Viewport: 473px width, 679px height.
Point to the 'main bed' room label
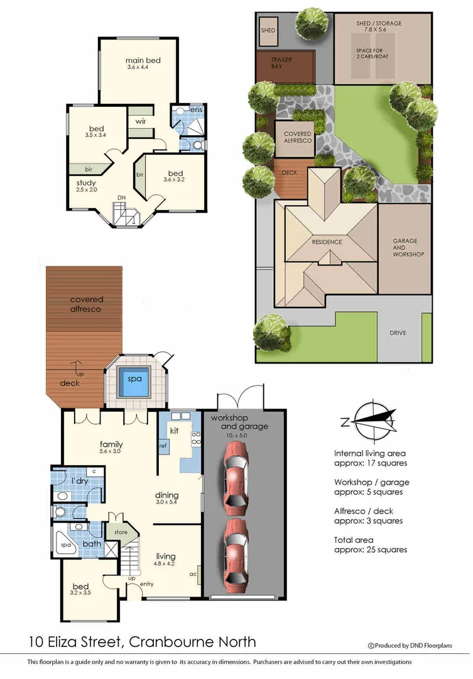(143, 60)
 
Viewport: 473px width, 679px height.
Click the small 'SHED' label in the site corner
(268, 30)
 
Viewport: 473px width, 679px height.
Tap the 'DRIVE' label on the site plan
(398, 333)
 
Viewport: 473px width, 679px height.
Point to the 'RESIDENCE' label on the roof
(327, 242)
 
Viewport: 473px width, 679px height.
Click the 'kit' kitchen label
(175, 431)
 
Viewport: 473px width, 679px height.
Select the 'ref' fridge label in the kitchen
(163, 446)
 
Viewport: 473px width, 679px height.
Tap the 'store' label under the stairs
(121, 533)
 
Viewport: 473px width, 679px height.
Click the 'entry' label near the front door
(147, 585)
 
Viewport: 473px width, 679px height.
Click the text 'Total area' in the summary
(354, 539)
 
